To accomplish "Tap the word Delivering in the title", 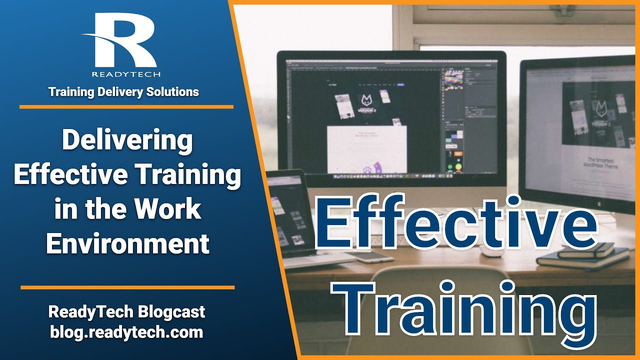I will coord(127,141).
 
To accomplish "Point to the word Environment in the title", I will coord(127,244).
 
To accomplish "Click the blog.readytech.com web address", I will coord(126,332).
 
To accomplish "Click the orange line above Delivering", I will coord(126,106).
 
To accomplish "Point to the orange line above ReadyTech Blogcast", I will coord(127,287).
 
